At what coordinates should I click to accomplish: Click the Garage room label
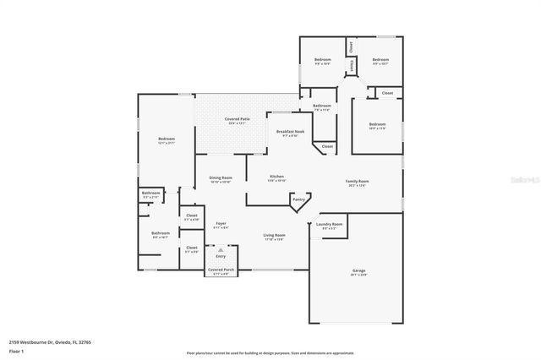359,270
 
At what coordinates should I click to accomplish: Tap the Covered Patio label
237,119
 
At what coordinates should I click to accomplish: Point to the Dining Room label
220,177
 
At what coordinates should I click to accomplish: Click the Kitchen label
276,177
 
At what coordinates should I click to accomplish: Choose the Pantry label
298,199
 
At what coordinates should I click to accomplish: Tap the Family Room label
358,182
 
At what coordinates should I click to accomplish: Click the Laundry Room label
329,224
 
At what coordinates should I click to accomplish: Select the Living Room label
274,235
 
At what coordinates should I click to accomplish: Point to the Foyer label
220,224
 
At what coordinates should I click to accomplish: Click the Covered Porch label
221,270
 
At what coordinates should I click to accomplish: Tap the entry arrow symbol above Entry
221,250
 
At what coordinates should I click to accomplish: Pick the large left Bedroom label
167,139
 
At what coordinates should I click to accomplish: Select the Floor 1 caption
16,350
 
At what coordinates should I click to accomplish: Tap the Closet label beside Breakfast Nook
326,147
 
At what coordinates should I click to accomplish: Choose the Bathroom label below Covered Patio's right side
321,106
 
